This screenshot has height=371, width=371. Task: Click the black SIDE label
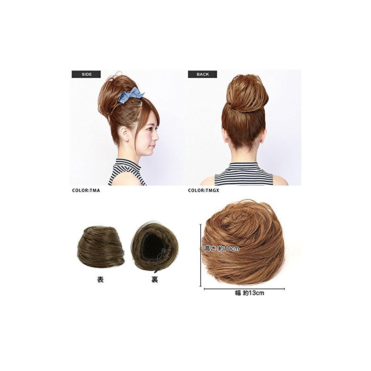tap(86, 74)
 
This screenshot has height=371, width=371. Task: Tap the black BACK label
tap(203, 74)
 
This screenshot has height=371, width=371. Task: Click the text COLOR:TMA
tap(86, 191)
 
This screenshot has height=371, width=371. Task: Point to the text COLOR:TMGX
tap(204, 191)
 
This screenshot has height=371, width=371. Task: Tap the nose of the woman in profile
tap(157, 137)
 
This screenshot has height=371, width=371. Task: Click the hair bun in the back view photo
tap(247, 94)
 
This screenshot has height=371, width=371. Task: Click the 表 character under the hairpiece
tap(100, 280)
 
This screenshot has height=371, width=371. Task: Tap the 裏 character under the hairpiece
tap(154, 280)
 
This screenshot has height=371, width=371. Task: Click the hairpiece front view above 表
tap(101, 248)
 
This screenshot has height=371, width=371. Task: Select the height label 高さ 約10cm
tap(222, 249)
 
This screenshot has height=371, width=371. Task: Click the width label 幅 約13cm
tap(249, 293)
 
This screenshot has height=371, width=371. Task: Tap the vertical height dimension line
tap(201, 256)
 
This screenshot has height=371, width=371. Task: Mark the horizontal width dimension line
tap(244, 289)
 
